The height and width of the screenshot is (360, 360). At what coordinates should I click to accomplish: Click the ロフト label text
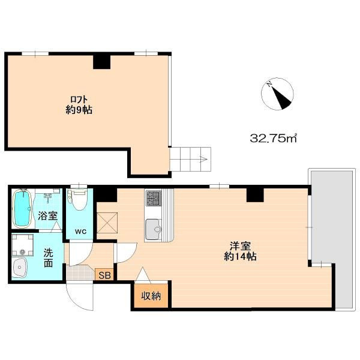click(x=79, y=100)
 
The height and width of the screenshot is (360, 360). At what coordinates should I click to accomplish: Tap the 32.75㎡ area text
click(x=273, y=138)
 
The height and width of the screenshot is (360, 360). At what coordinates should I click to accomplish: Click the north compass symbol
click(x=277, y=94)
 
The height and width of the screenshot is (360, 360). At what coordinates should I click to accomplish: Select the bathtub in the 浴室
click(x=22, y=208)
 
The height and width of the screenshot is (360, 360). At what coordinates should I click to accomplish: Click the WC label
click(x=80, y=232)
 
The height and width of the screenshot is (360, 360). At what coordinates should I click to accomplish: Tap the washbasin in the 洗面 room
click(x=20, y=268)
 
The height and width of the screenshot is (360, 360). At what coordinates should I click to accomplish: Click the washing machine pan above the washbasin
click(x=22, y=245)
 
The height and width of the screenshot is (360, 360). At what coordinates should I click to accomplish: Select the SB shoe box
click(x=104, y=275)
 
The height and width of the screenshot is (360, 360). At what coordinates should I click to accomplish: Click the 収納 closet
click(x=151, y=296)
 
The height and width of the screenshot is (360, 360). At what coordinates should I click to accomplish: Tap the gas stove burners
click(x=153, y=197)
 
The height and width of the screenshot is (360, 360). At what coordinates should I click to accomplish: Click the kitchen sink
click(x=154, y=229)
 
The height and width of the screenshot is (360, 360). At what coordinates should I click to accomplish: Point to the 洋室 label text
click(x=240, y=246)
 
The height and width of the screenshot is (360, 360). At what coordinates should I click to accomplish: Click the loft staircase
click(x=190, y=159)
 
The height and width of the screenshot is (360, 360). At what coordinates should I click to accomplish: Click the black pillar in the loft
click(x=102, y=62)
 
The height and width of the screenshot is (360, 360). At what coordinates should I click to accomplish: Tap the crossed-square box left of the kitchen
click(x=107, y=223)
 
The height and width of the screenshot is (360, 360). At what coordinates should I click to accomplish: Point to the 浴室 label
click(x=47, y=216)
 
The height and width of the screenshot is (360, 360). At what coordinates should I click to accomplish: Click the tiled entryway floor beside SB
click(x=81, y=273)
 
